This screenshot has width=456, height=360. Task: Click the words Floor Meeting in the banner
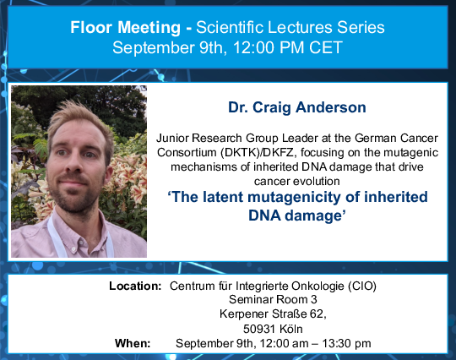[125, 27]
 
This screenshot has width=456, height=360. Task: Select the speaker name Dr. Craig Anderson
[297, 107]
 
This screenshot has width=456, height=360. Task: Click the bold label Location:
[135, 286]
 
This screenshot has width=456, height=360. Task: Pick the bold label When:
[133, 343]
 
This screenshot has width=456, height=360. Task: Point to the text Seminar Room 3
[273, 299]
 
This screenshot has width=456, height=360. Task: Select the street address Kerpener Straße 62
[272, 314]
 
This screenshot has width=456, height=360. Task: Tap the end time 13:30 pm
[346, 343]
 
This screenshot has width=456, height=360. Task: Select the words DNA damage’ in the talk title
[297, 215]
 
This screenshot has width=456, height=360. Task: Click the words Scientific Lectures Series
[290, 27]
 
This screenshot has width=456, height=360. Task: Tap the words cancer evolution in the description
[296, 181]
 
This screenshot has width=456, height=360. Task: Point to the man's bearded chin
[73, 204]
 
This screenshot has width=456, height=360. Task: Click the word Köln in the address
[290, 329]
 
